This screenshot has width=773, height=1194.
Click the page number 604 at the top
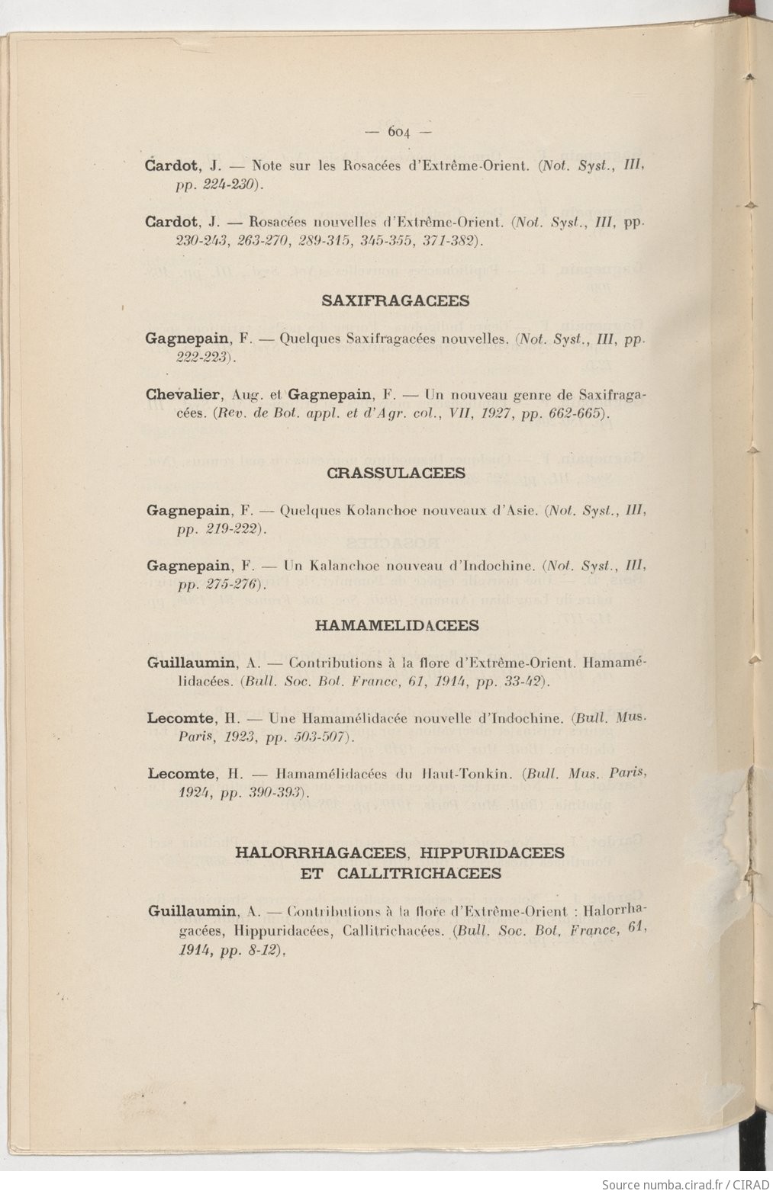point(398,131)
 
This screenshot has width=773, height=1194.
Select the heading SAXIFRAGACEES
point(395,300)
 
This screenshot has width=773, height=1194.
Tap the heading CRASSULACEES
point(395,473)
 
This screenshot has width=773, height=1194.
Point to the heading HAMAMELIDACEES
point(397,625)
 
